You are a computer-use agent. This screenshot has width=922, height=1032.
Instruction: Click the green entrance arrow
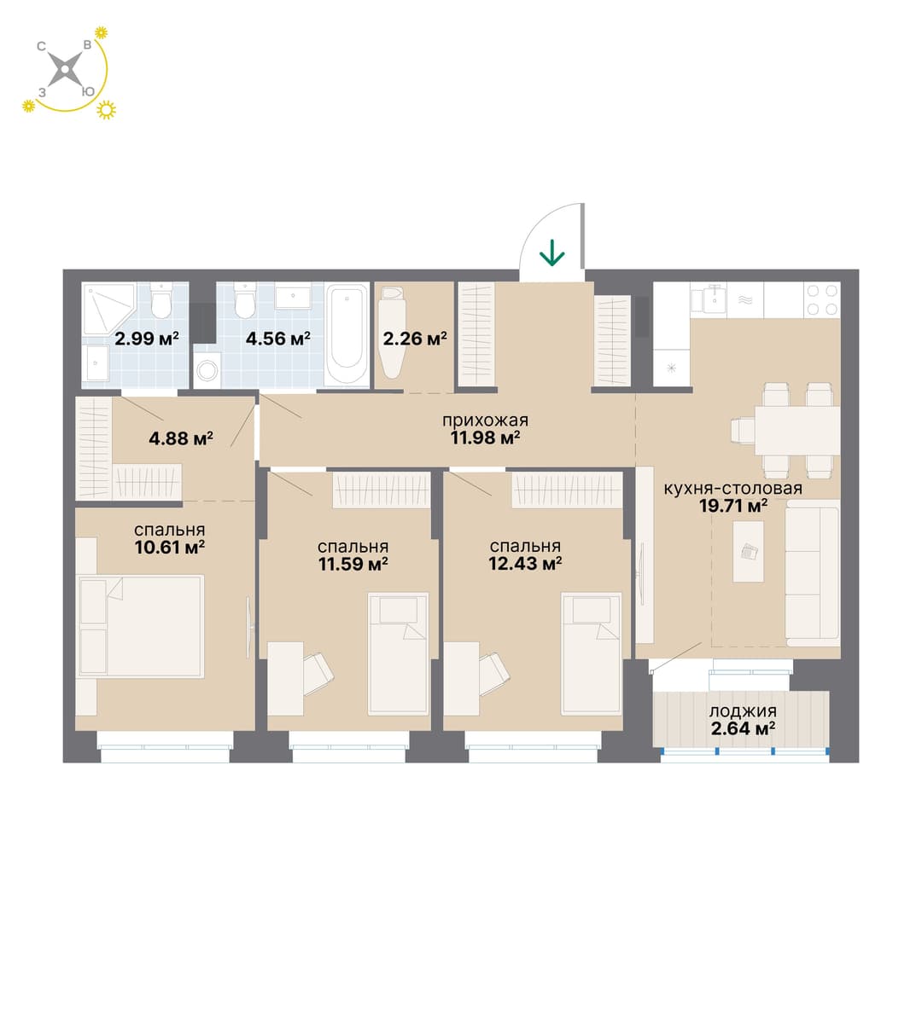[x=551, y=253]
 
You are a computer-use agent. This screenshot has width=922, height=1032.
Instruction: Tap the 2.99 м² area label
[x=146, y=339]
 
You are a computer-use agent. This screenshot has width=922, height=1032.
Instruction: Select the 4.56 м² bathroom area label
[x=278, y=339]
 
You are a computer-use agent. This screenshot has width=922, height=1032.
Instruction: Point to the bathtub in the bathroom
[x=347, y=334]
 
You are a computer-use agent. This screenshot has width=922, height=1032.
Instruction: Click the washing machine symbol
[x=207, y=370]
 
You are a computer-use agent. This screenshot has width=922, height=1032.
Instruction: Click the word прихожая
[x=485, y=420]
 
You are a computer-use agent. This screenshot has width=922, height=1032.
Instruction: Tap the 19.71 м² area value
[x=734, y=506]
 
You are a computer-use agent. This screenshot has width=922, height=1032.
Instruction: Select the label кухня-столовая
[x=732, y=489]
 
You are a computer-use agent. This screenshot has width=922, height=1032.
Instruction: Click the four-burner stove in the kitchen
[x=822, y=299]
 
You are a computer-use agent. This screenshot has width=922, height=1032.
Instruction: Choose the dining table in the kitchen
[x=797, y=430]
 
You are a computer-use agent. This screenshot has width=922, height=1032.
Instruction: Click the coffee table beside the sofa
[x=748, y=551]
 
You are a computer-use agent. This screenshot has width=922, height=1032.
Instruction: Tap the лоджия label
[x=743, y=711]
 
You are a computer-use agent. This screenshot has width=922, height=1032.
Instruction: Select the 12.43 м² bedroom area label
[x=525, y=564]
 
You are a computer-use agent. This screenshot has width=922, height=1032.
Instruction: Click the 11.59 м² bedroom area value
[x=353, y=564]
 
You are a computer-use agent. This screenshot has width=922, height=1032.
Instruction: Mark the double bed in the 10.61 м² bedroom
[x=140, y=626]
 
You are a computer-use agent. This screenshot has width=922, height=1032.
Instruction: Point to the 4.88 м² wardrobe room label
[x=181, y=438]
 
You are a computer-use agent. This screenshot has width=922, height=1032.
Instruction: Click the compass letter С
[x=41, y=47]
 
